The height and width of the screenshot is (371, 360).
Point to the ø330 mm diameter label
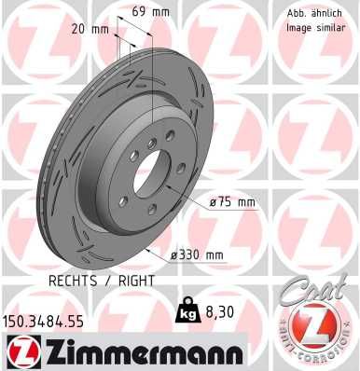coord(199,254)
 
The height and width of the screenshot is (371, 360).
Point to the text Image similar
coord(312,27)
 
